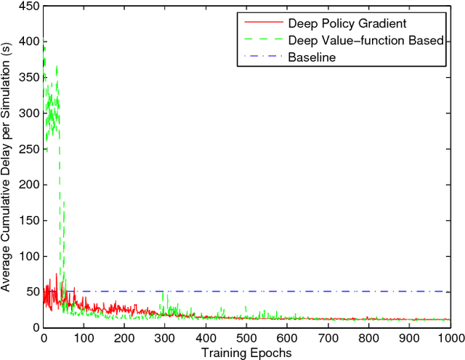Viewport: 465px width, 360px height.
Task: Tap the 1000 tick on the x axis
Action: tap(450, 338)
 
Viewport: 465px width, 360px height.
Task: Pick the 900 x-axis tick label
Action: tap(409, 338)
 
